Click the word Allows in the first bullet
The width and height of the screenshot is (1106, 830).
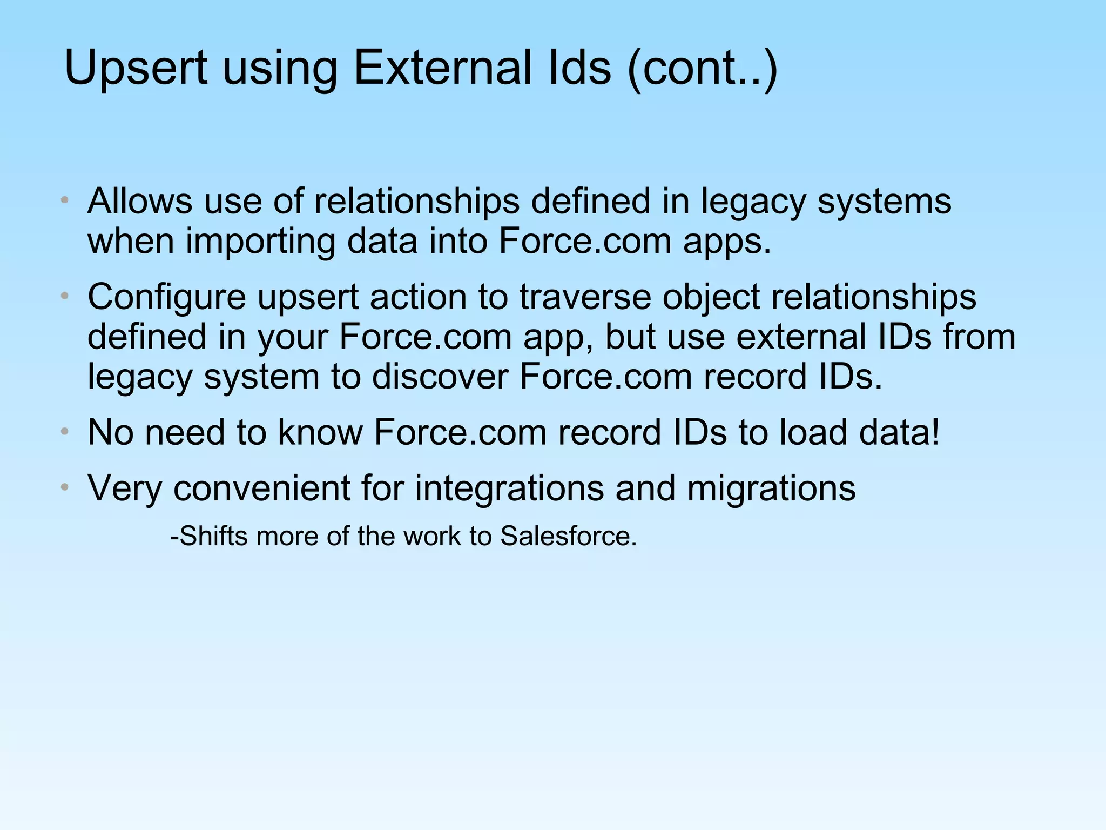(x=139, y=201)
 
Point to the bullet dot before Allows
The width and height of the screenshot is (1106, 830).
(x=64, y=200)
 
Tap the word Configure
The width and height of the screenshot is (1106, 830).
(x=166, y=298)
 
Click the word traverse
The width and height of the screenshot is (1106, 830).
(x=585, y=297)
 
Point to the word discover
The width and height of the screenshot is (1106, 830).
(x=440, y=377)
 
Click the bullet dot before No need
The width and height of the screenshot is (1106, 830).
(x=64, y=432)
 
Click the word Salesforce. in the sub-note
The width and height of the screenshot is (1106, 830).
(x=568, y=536)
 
